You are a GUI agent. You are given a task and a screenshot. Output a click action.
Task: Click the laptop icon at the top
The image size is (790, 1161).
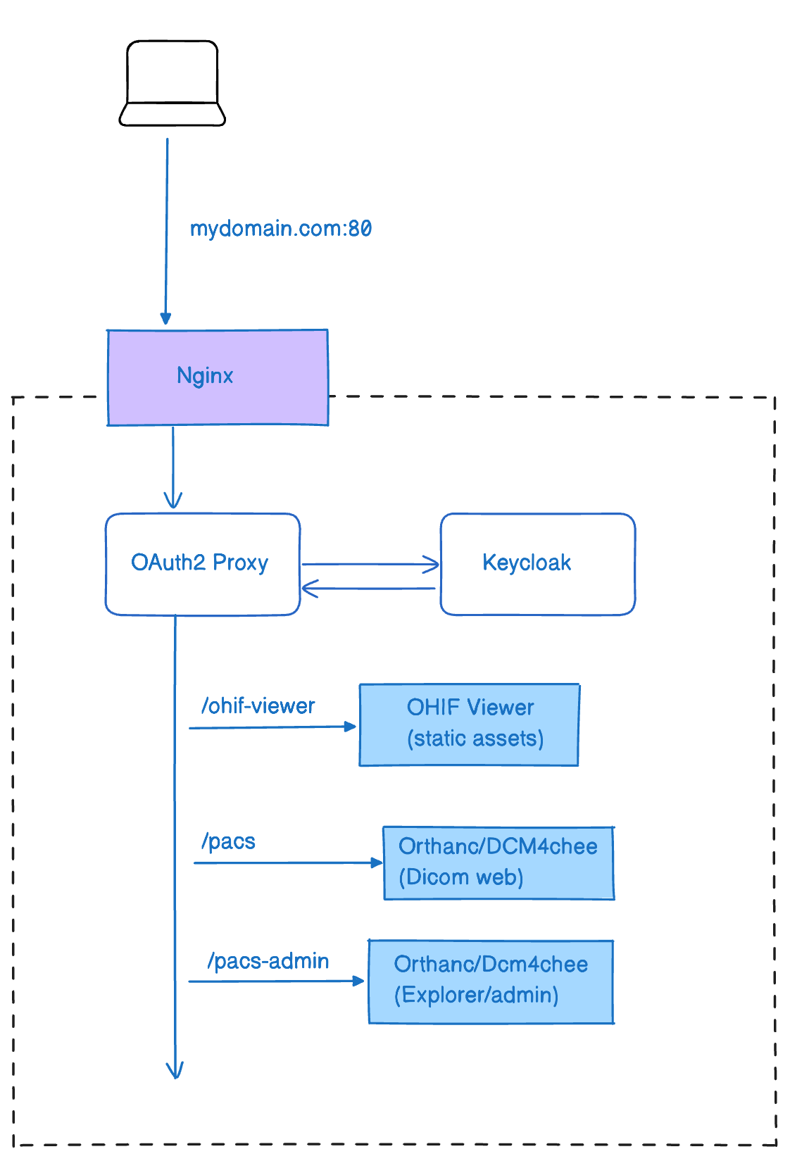173,83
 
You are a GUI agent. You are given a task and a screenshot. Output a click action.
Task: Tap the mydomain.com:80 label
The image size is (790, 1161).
280,229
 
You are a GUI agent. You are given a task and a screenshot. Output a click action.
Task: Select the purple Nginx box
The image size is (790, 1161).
218,377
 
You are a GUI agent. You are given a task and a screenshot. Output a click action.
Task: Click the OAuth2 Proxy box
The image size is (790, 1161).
202,564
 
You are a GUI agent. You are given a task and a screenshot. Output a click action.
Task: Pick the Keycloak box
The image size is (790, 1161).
537,564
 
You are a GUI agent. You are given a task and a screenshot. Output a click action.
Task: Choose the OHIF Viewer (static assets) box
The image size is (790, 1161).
469,724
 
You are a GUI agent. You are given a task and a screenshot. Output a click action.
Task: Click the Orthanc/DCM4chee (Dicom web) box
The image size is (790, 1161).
499,863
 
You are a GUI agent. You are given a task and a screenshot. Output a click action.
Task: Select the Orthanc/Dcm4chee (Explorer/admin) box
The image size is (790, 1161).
491,981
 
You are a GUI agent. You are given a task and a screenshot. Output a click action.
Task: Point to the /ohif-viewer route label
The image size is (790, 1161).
258,706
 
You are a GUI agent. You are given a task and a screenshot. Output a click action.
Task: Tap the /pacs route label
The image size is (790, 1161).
228,841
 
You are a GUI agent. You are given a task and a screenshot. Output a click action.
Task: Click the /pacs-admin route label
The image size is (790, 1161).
268,961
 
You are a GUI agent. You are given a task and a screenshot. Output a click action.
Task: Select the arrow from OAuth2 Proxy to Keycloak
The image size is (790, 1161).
370,564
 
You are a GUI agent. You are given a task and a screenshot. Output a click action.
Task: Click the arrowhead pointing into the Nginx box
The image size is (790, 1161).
166,319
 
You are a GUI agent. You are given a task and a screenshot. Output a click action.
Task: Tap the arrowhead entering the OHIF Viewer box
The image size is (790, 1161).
351,726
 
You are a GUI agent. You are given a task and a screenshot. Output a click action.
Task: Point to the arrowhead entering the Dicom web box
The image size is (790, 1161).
377,862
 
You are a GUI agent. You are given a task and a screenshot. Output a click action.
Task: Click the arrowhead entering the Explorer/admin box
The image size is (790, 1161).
358,980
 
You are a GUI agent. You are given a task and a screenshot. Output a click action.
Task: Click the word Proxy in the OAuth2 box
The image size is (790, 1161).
240,563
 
